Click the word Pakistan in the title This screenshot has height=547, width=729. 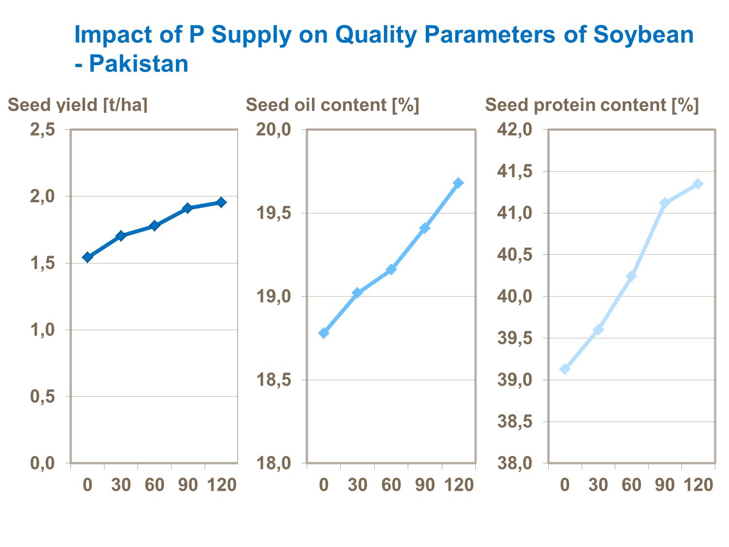coord(139,64)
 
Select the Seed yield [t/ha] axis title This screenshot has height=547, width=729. coord(78,105)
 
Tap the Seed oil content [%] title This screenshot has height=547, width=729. coord(332,105)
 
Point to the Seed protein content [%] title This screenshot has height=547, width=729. coord(591,105)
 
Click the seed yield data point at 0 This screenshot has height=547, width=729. coord(87,257)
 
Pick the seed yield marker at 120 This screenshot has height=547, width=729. coord(221,202)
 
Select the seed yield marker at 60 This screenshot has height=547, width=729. coord(155,226)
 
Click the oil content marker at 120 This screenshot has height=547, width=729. coord(458,183)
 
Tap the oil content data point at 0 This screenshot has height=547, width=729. coord(324,333)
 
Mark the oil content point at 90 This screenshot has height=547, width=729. coord(425,228)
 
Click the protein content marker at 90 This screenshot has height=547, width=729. coord(664,203)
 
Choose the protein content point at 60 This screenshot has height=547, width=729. coord(631,276)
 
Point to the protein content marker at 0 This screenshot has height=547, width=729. coord(565,369)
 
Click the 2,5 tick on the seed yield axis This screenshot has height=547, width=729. coord(42,130)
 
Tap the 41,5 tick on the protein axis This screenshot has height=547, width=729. coord(514,171)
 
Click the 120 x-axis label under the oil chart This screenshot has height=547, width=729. coord(459,485)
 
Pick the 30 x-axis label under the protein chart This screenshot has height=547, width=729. coord(598,485)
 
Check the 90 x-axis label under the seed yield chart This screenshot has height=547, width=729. coord(188,485)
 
